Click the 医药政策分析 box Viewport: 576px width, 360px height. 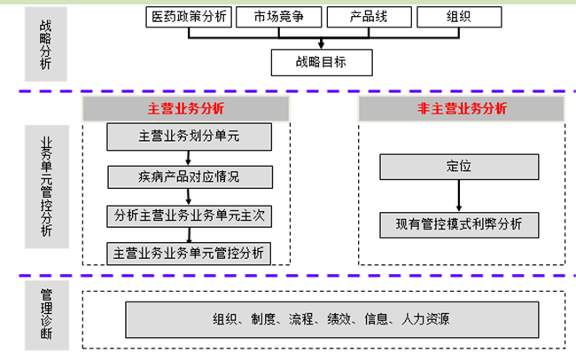tap(189, 17)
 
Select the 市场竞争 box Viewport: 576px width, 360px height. tap(279, 17)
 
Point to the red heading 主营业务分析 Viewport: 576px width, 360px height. tap(186, 109)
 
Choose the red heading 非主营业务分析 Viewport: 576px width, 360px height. tap(462, 109)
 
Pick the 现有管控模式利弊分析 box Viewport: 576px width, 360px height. tap(458, 224)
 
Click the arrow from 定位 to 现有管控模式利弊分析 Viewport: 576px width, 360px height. tap(458, 196)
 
